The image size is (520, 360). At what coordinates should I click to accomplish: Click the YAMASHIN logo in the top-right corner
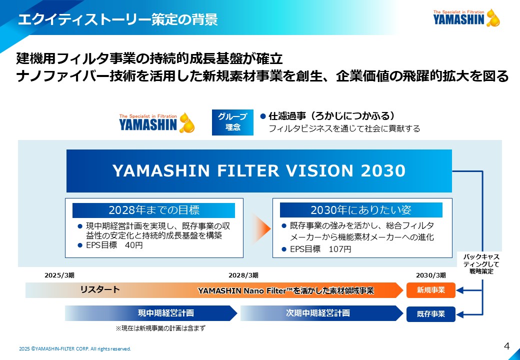pyautogui.click(x=466, y=17)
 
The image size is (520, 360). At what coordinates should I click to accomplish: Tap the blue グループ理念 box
pyautogui.click(x=232, y=122)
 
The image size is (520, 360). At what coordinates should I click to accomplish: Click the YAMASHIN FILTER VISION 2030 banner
pyautogui.click(x=259, y=170)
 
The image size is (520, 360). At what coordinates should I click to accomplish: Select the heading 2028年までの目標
pyautogui.click(x=153, y=210)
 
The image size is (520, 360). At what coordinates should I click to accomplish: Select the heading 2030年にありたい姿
pyautogui.click(x=361, y=210)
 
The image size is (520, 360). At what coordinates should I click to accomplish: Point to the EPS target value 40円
pyautogui.click(x=134, y=245)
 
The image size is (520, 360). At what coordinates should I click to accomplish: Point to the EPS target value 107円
pyautogui.click(x=339, y=249)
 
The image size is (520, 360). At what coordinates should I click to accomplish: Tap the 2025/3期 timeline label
pyautogui.click(x=59, y=275)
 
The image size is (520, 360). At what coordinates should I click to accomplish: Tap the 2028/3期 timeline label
pyautogui.click(x=243, y=275)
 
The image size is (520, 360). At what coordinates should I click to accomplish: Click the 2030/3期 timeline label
pyautogui.click(x=431, y=275)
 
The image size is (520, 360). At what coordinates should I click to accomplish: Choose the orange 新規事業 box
pyautogui.click(x=431, y=290)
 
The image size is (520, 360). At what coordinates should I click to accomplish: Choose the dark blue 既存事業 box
pyautogui.click(x=431, y=314)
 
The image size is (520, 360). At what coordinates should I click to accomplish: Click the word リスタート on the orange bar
pyautogui.click(x=100, y=289)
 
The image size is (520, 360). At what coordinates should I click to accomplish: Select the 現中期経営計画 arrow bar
pyautogui.click(x=151, y=313)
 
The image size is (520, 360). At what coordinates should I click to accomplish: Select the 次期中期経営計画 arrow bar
pyautogui.click(x=321, y=313)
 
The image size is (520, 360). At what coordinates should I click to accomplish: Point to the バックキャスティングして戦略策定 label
pyautogui.click(x=481, y=264)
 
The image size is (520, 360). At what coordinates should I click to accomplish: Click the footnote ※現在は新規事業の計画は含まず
pyautogui.click(x=160, y=328)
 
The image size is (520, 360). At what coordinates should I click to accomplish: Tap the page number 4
pyautogui.click(x=506, y=346)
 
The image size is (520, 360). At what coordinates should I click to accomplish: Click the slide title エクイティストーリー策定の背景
pyautogui.click(x=117, y=19)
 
